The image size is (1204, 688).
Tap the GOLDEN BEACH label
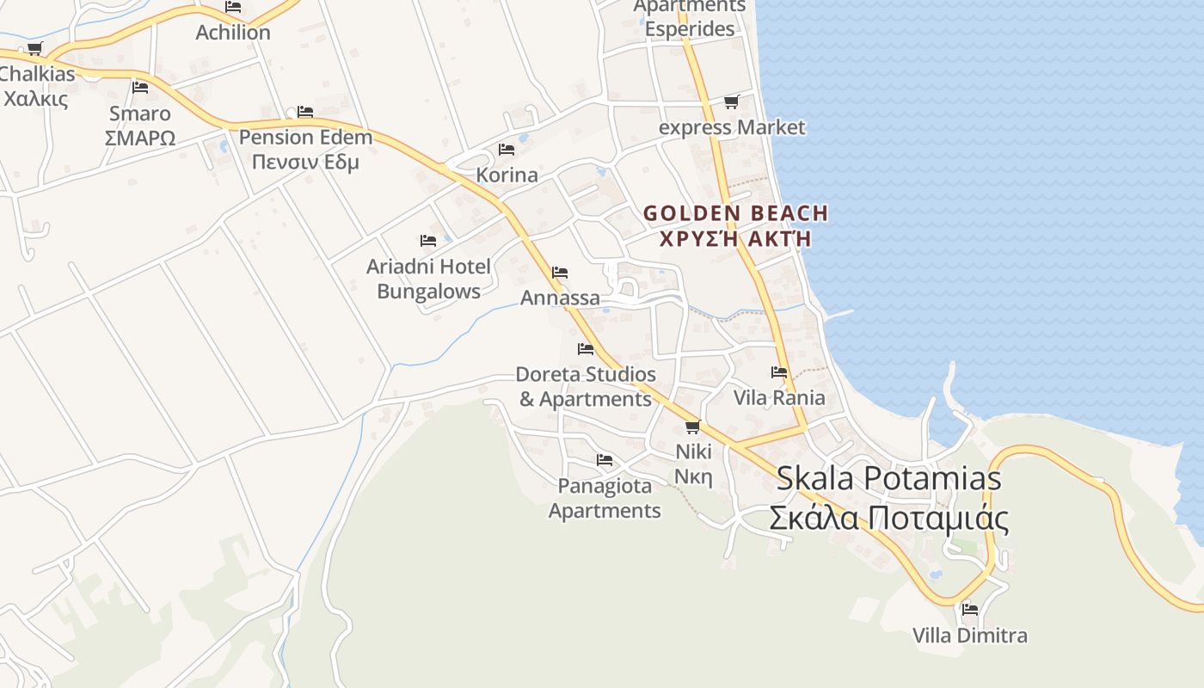coord(735,224)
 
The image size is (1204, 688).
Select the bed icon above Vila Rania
coord(779,372)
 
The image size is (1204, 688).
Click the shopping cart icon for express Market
coord(732,102)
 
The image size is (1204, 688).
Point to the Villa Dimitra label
coord(969,636)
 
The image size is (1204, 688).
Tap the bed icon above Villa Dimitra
coord(970,609)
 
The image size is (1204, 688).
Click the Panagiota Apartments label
coord(605,498)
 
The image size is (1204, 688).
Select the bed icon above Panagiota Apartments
coord(605,460)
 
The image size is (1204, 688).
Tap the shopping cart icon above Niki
coord(693,427)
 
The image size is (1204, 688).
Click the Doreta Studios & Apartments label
coord(586,386)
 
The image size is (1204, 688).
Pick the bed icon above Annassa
coord(560,273)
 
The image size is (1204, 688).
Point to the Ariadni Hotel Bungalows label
coord(428,278)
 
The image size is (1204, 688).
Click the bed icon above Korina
coord(507,150)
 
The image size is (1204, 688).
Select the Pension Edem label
coord(305,149)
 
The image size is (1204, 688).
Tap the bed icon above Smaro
coord(140,88)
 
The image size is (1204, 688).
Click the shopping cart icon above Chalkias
coord(34,48)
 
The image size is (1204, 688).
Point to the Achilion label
coord(233,32)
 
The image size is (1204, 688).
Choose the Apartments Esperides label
coord(690,17)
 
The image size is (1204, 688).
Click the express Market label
coord(732,127)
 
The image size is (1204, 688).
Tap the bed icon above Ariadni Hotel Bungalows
coord(428,241)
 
